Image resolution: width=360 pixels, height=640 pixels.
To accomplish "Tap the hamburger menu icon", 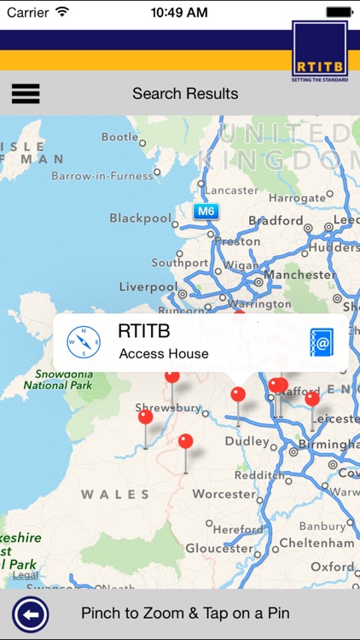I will coord(26,93).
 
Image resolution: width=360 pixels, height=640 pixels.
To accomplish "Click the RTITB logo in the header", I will coord(320,52).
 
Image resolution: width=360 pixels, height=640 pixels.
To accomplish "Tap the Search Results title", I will coord(185,93).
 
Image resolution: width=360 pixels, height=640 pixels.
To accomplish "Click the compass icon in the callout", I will coord(84,342).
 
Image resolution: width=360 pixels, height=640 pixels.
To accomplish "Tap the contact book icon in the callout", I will coord(321,342).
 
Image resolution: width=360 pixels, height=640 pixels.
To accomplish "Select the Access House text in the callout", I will coord(164,353).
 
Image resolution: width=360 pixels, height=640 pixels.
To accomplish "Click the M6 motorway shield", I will coord(205,210).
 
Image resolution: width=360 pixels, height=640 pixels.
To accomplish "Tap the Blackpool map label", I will coord(141,218).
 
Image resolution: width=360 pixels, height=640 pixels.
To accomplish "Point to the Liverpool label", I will coord(148,287).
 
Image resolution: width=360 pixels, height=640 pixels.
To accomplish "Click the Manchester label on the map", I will coord(299,275).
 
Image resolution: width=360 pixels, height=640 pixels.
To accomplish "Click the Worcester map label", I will coord(224,494).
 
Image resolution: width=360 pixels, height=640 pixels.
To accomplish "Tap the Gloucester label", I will coord(220,549).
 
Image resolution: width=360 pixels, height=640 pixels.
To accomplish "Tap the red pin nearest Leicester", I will coord(312,399).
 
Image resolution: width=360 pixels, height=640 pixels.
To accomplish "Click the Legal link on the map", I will coord(26,575).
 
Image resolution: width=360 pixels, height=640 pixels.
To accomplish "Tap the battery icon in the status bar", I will coord(339,12).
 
